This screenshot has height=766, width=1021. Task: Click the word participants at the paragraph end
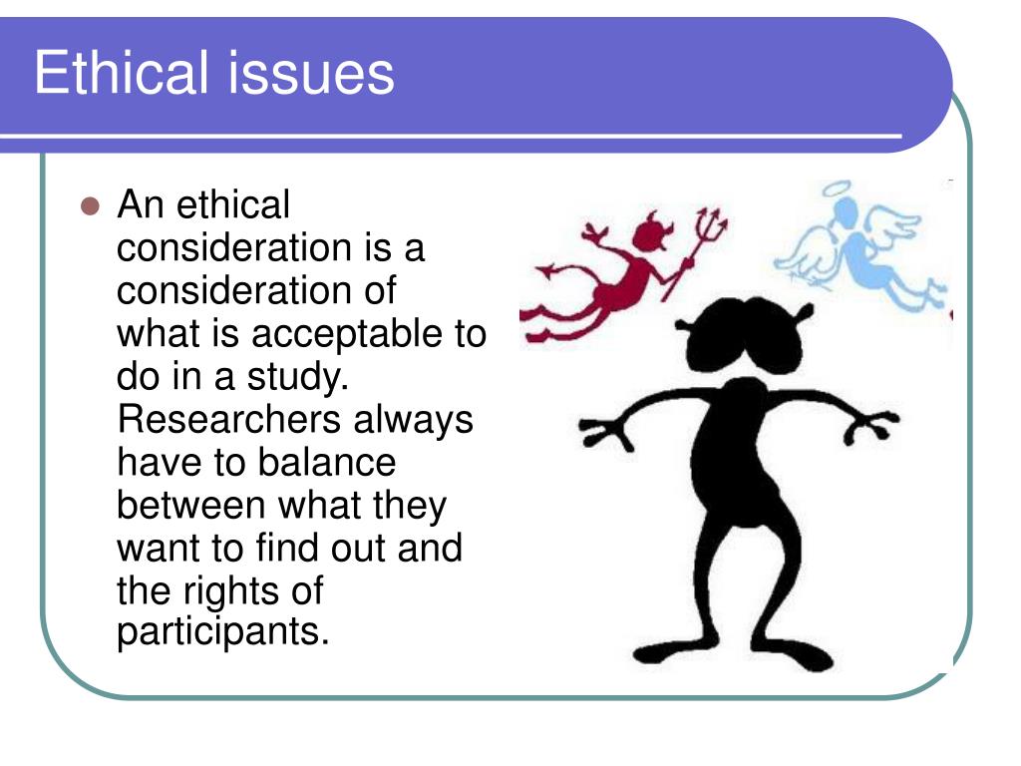[222, 632]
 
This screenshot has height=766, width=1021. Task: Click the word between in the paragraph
[190, 506]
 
